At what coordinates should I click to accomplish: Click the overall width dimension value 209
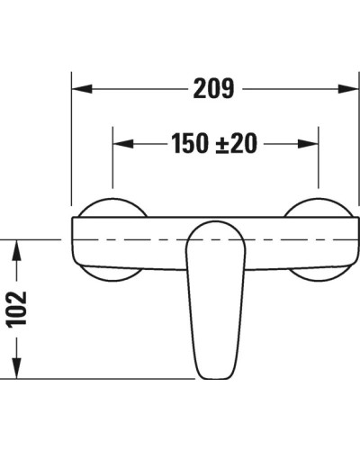pyautogui.click(x=213, y=89)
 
